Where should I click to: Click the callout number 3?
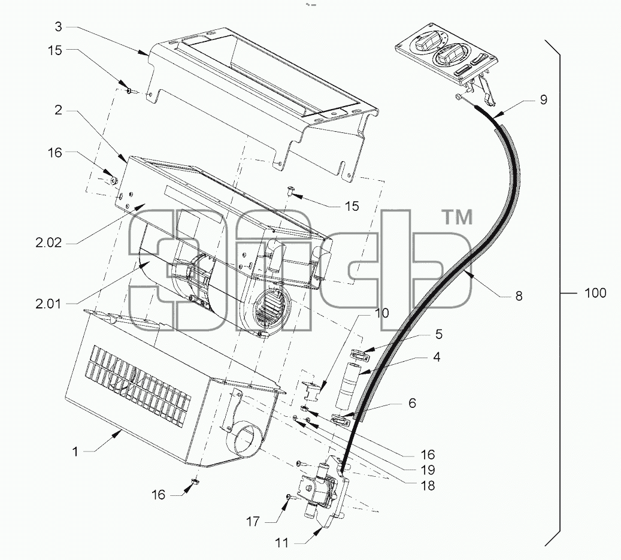click(58, 27)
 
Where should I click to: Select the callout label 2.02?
click(49, 243)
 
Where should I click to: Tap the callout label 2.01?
click(48, 304)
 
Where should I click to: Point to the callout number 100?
click(595, 293)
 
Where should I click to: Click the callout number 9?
click(543, 100)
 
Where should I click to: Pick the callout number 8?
click(519, 296)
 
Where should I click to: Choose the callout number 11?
click(281, 543)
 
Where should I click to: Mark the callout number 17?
click(253, 522)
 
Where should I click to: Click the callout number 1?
click(75, 452)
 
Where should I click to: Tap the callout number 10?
click(382, 313)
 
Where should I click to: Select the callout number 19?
click(428, 470)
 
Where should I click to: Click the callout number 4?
click(436, 357)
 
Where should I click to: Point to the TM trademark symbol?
click(457, 218)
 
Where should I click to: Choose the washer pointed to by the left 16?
click(114, 181)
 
